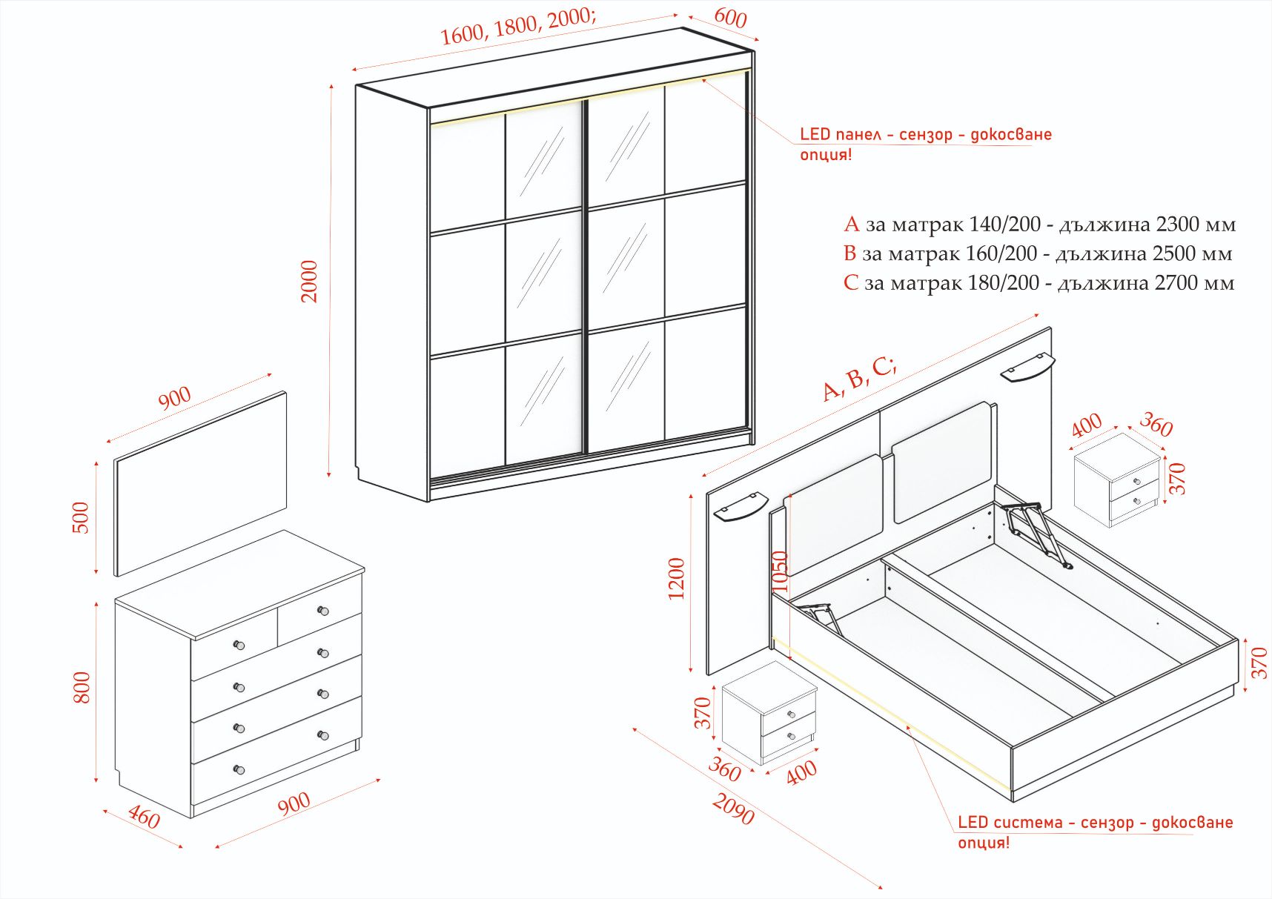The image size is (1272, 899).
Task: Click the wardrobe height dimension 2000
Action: (x=309, y=282)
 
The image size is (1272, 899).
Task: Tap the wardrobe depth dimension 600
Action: (x=730, y=18)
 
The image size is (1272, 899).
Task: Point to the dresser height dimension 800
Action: (x=82, y=688)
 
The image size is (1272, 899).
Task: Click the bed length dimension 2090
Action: (x=734, y=808)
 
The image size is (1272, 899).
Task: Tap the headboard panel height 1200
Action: (x=677, y=579)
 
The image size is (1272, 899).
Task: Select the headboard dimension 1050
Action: (x=780, y=571)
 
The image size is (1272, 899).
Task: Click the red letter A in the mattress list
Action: (x=851, y=224)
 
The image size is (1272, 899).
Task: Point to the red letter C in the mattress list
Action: (x=851, y=282)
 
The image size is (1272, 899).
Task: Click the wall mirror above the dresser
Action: (x=200, y=483)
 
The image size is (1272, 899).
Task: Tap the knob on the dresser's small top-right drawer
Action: (x=322, y=611)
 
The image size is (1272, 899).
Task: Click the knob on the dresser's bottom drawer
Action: (x=239, y=769)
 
